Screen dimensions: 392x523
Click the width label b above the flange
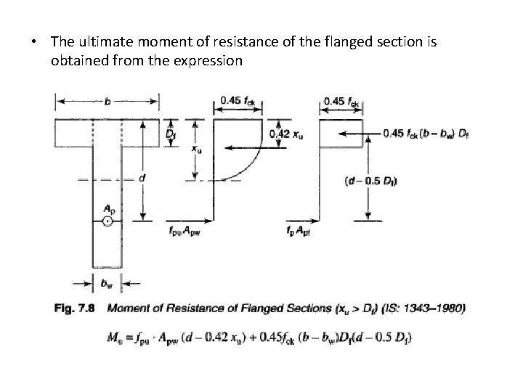[x=108, y=102]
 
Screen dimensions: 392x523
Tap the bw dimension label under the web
[x=107, y=283]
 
